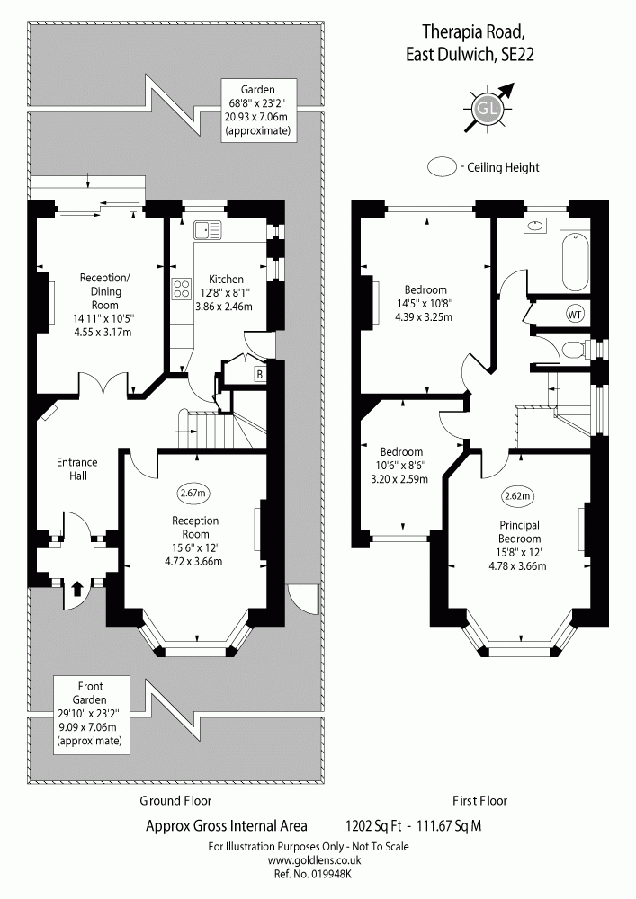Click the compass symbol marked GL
(x=487, y=109)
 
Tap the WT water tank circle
(x=574, y=315)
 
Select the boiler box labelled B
(x=259, y=373)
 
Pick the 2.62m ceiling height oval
(x=518, y=495)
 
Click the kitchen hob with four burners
(x=181, y=289)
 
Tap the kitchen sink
(x=208, y=231)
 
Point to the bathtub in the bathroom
(x=572, y=258)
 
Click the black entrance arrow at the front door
(x=76, y=589)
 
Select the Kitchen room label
(x=225, y=280)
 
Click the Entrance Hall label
(x=76, y=468)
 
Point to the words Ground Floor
(x=176, y=800)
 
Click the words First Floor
(x=479, y=800)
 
